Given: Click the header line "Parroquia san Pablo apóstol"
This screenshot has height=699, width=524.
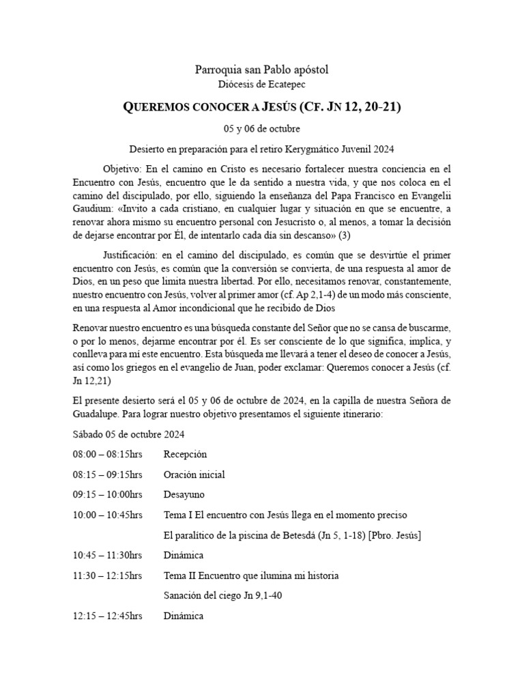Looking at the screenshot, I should click(x=261, y=70).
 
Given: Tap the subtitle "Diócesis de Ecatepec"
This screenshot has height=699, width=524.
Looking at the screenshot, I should click(x=261, y=84).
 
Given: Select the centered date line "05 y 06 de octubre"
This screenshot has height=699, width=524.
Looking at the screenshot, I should click(x=261, y=128).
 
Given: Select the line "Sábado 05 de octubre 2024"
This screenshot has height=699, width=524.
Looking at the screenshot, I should click(x=128, y=434).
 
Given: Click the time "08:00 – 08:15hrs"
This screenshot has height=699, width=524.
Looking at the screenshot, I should click(x=107, y=454).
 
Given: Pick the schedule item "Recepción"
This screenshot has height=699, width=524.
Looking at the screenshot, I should click(x=185, y=454).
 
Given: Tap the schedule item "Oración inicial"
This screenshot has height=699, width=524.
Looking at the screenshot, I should click(x=194, y=474).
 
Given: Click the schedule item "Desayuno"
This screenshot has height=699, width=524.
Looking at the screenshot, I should click(x=184, y=494).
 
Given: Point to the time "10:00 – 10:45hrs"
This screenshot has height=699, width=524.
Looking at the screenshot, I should click(x=107, y=515).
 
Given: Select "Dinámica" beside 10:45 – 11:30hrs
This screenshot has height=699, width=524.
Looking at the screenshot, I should click(x=184, y=556).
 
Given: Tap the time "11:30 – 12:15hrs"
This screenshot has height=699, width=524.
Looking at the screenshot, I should click(x=107, y=575).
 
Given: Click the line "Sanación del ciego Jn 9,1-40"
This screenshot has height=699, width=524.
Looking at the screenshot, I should click(x=222, y=595).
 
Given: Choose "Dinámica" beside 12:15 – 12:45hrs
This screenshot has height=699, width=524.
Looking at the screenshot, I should click(x=184, y=616).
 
